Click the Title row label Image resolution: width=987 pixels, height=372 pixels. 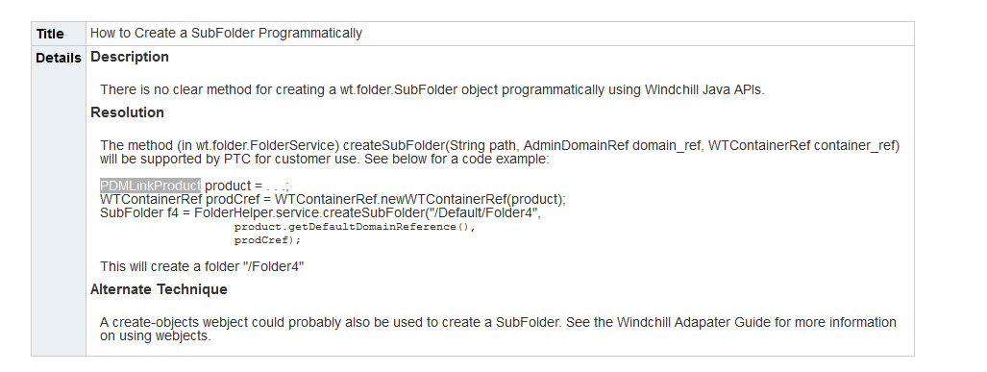tap(50, 33)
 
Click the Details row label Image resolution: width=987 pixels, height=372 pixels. tap(58, 58)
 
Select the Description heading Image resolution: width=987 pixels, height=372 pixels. tap(130, 57)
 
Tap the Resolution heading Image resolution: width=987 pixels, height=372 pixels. tap(127, 112)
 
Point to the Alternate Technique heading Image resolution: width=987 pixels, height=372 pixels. tap(159, 289)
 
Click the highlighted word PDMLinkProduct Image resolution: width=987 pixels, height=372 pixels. tap(150, 185)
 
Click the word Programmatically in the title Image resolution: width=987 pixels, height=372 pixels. tap(316, 33)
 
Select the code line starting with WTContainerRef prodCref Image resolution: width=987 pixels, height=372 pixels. tap(333, 199)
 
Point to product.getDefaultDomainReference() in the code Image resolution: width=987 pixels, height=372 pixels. tap(355, 227)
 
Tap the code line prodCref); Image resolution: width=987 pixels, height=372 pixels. tap(260, 240)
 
